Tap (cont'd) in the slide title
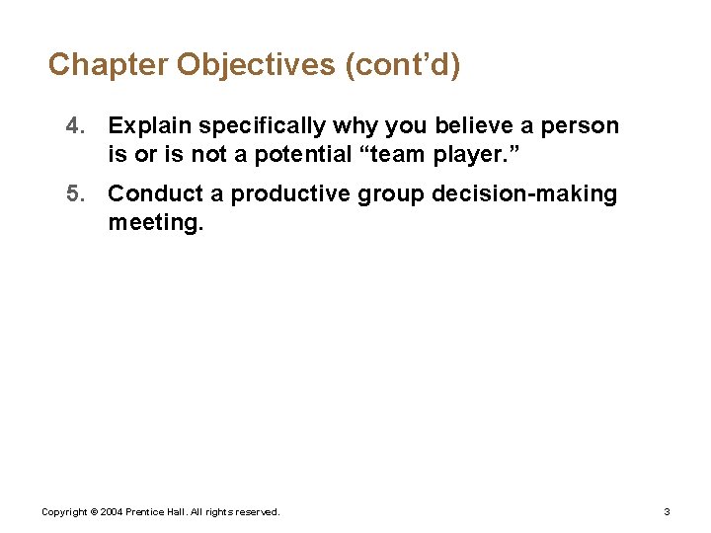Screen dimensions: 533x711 tap(402, 65)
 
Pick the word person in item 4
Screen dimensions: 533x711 tap(584, 126)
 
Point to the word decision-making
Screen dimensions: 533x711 tap(524, 194)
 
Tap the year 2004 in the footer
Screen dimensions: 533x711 tap(111, 512)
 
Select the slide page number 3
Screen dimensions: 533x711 tap(667, 512)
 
